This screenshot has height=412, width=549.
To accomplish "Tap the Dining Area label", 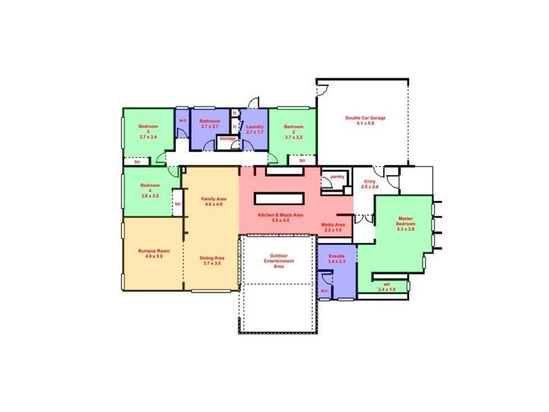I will tap(211, 260).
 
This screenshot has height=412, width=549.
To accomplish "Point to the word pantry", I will tap(337, 176).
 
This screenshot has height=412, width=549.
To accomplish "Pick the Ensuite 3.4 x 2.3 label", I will tap(336, 258).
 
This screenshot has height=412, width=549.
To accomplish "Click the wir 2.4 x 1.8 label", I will tap(387, 286).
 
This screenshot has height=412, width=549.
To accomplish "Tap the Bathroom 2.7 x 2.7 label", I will tap(209, 124).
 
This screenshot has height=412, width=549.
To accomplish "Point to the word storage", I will tap(227, 139).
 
